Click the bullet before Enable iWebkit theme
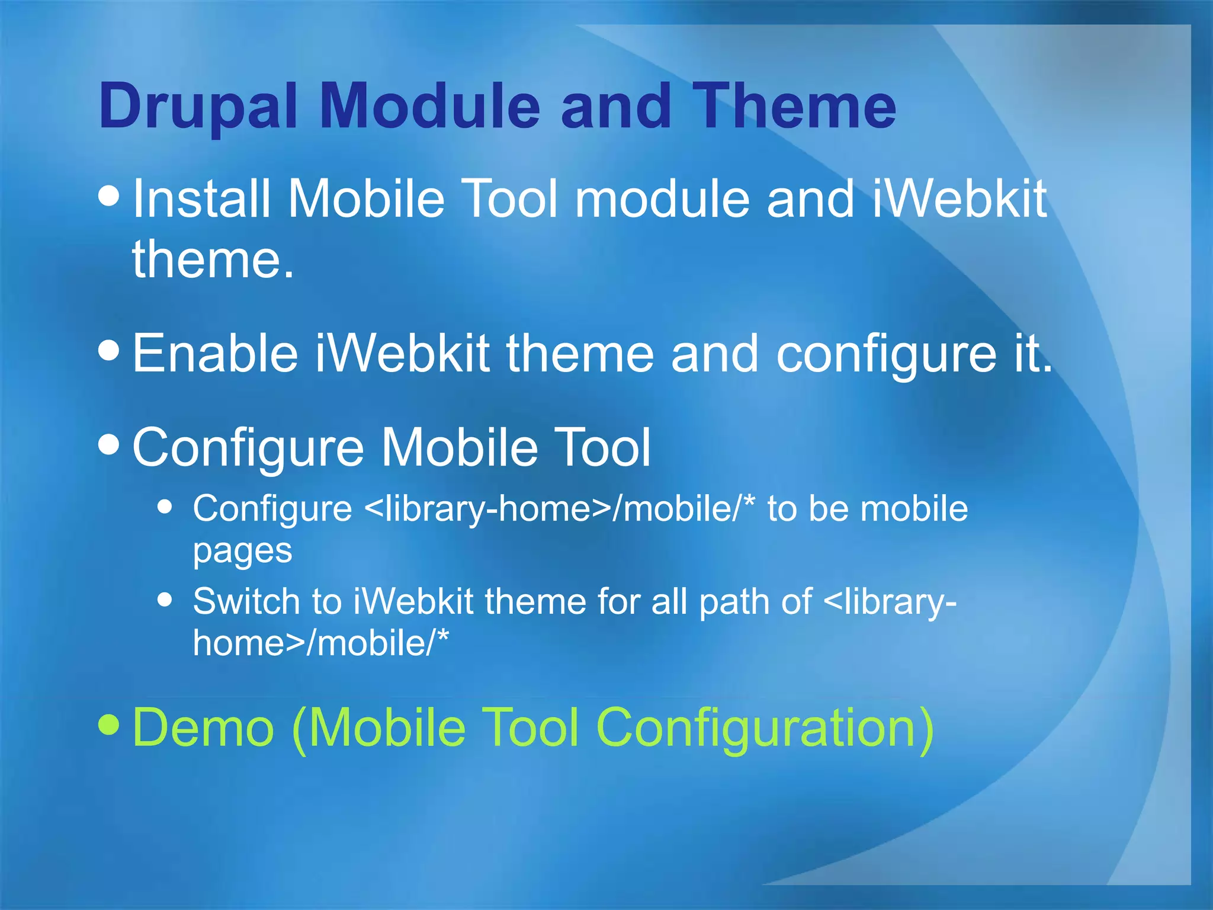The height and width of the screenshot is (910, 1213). [110, 350]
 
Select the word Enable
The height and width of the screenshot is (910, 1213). [215, 354]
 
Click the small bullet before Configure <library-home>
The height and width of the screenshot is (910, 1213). [165, 507]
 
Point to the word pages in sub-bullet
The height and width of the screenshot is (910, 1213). [242, 552]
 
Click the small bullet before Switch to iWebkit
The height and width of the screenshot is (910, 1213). [165, 600]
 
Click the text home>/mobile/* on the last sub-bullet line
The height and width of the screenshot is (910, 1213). [321, 643]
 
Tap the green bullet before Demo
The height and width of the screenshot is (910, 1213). [110, 723]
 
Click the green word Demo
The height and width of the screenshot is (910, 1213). [203, 728]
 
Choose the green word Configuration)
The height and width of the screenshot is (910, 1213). [765, 729]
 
